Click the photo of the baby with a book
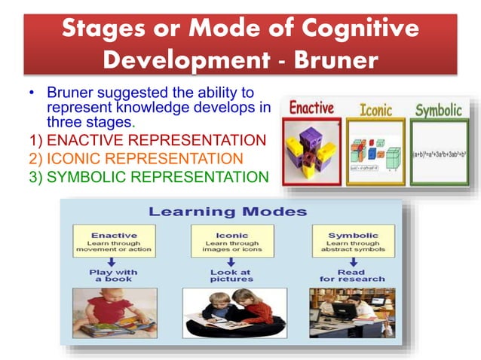pyautogui.click(x=115, y=312)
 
